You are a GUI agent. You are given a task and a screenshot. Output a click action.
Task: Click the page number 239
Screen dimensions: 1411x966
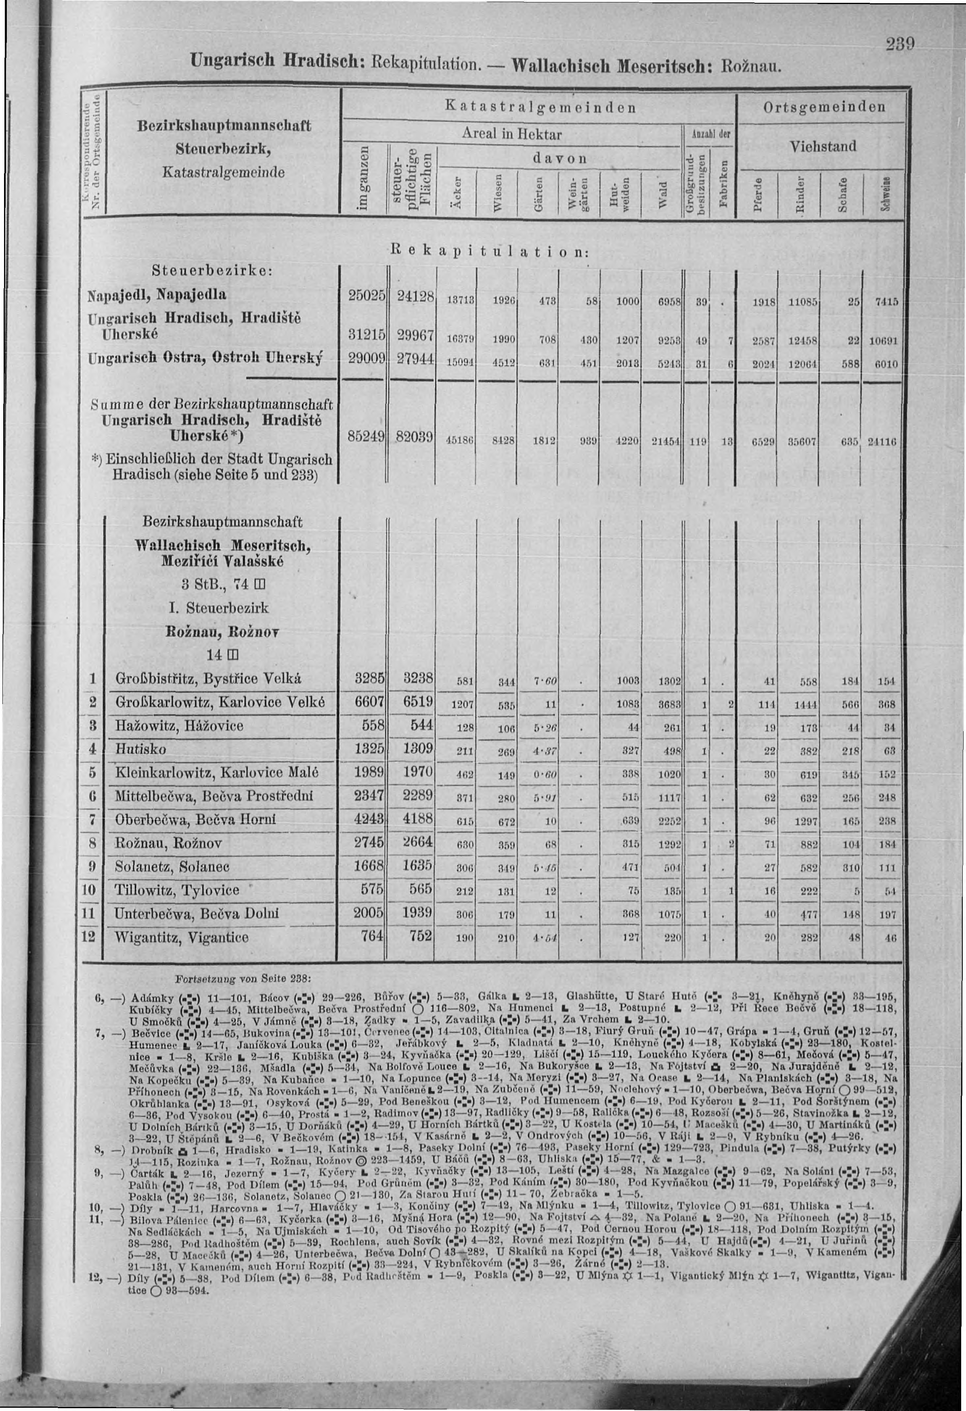896,46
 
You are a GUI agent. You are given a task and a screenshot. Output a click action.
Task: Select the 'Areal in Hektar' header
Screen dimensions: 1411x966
512,134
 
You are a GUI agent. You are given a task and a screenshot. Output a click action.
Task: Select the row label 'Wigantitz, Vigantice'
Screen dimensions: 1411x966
182,937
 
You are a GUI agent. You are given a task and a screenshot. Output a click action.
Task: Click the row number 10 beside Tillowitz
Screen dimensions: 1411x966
89,890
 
